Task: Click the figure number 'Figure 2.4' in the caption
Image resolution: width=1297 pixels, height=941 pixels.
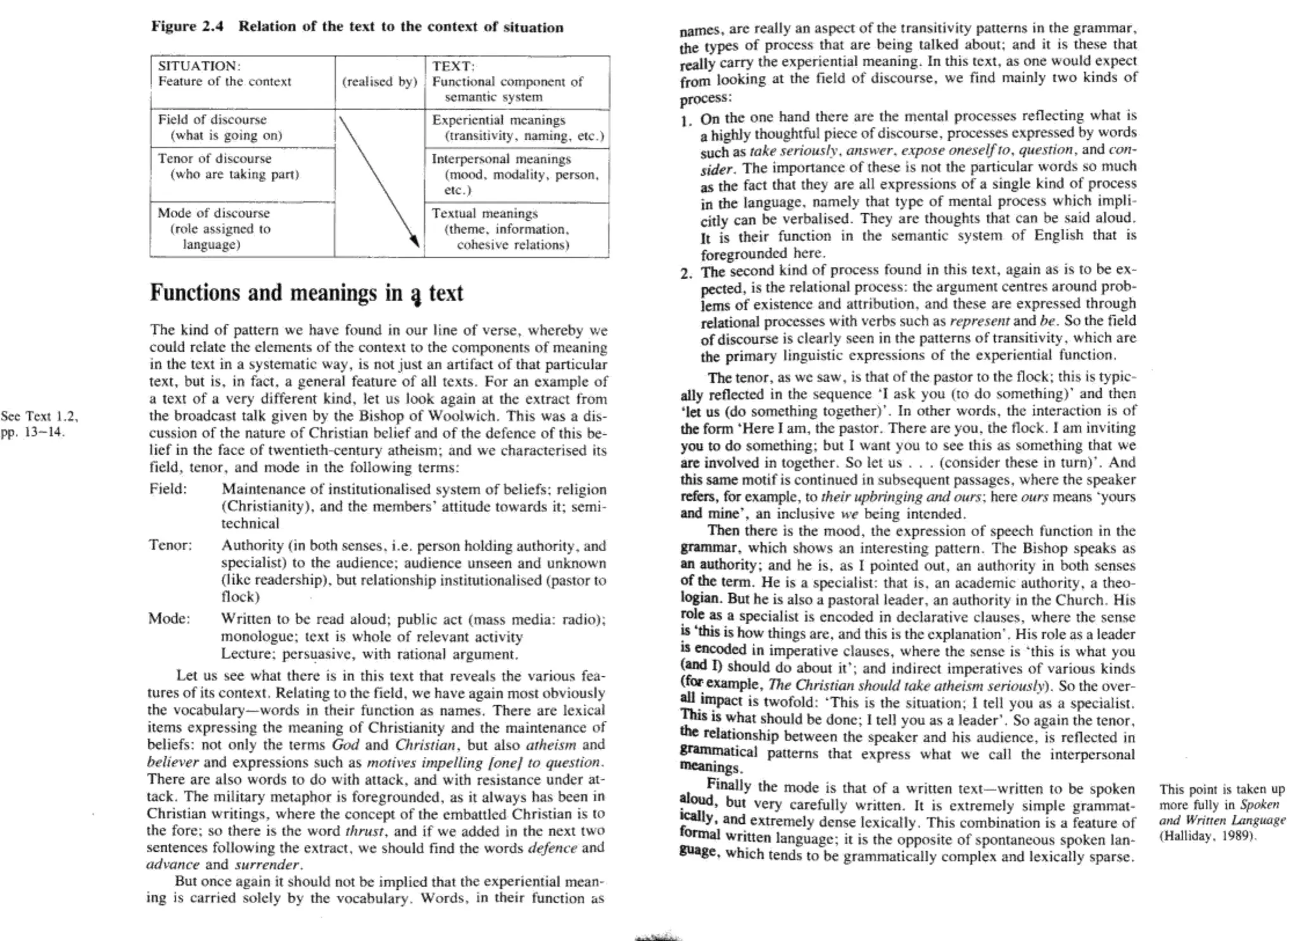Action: click(187, 27)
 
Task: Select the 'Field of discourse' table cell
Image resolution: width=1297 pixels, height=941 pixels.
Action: click(242, 128)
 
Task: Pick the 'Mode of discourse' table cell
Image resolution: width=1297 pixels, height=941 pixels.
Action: click(242, 228)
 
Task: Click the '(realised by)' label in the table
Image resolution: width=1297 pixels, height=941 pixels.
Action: click(379, 82)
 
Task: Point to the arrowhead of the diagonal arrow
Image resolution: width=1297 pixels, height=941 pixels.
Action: click(415, 242)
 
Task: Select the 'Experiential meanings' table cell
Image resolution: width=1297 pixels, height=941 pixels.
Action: click(517, 128)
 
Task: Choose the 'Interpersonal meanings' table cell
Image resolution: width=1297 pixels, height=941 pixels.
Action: click(517, 174)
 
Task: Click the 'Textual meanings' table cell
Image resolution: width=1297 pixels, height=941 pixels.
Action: click(517, 228)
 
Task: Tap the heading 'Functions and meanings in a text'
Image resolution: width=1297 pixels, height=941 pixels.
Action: click(306, 293)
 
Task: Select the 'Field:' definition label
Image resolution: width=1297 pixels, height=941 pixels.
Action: click(168, 489)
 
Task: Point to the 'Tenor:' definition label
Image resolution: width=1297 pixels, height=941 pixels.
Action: click(170, 545)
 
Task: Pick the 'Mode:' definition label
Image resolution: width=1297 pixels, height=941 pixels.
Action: click(169, 618)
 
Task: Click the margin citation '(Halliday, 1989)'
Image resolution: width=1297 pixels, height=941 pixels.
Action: click(1207, 835)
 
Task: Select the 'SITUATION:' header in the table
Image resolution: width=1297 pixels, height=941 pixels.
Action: click(199, 66)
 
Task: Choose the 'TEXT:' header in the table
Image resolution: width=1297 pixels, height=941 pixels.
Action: click(453, 66)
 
